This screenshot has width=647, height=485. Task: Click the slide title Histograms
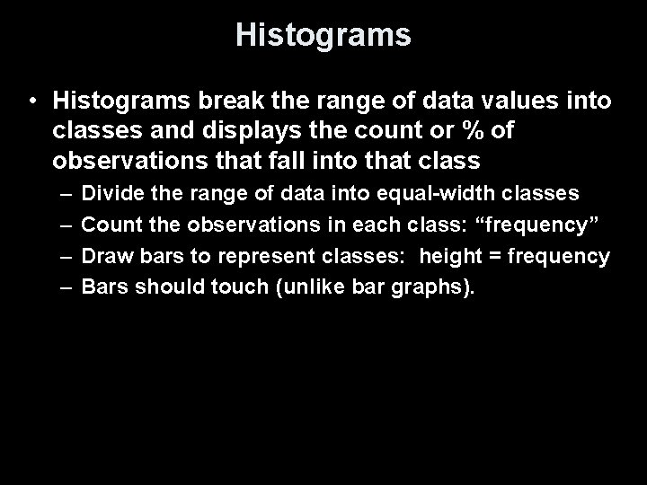point(323,35)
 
